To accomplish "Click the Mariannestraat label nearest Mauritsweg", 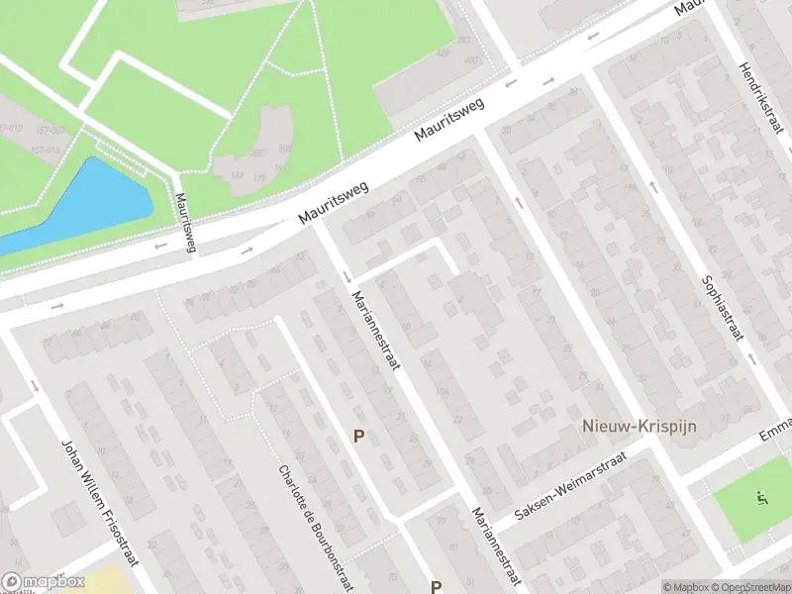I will [x=377, y=335].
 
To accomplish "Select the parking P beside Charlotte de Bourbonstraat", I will [x=359, y=436].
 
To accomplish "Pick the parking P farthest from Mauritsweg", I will [x=436, y=587].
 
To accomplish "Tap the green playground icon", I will [x=760, y=497].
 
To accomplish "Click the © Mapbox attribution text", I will [x=686, y=588].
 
